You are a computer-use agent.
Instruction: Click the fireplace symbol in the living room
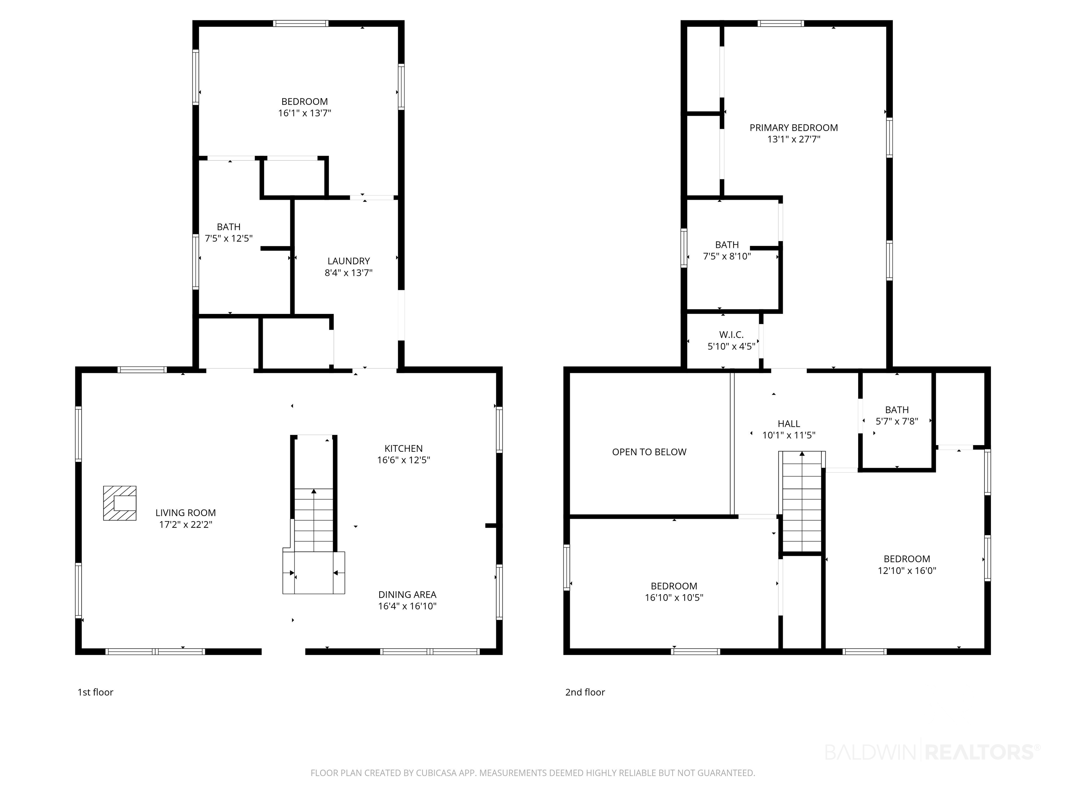[x=119, y=503]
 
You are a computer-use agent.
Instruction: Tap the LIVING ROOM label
[x=186, y=513]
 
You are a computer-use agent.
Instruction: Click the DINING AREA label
[x=407, y=594]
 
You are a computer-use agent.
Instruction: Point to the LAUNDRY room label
[x=348, y=261]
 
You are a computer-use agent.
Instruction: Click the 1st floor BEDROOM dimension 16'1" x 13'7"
[x=305, y=113]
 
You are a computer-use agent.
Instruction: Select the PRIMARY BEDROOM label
[x=794, y=128]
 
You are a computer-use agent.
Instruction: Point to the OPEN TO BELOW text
[x=649, y=452]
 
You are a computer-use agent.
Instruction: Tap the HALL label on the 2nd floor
[x=789, y=424]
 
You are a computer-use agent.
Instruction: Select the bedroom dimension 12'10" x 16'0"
[x=907, y=570]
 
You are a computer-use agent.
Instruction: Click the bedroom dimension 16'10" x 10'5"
[x=674, y=598]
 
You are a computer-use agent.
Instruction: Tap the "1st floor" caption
[x=95, y=692]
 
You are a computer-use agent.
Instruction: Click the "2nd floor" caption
[x=585, y=692]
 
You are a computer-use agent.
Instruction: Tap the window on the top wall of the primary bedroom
[x=781, y=23]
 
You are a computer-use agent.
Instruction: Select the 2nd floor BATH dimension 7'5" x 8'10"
[x=727, y=257]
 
